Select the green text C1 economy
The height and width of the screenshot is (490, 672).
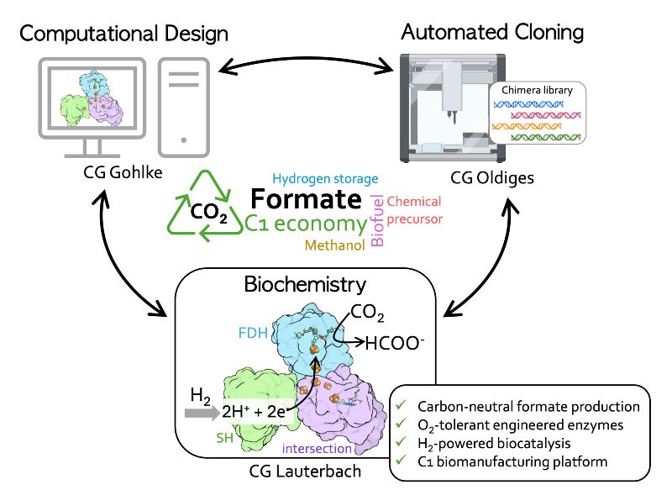point(306,224)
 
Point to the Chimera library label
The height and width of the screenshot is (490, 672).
point(538,91)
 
